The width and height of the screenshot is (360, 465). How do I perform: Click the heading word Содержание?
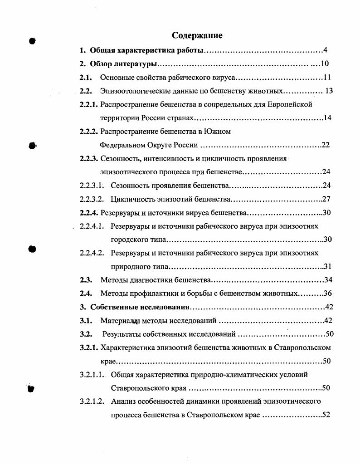pos(197,35)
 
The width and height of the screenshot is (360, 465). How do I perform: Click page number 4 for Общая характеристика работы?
pos(326,50)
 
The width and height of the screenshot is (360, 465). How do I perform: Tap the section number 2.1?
pos(86,77)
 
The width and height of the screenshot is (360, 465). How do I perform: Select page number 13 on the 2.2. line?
pos(329,91)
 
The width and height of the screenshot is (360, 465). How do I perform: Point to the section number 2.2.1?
pos(89,104)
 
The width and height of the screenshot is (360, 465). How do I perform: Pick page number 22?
pos(326,145)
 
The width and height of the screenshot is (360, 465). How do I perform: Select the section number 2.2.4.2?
pos(92,253)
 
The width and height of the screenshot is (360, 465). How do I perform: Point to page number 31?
pos(328,266)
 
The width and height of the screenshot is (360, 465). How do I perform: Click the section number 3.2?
pos(86,334)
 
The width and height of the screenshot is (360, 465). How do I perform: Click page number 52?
pos(326,415)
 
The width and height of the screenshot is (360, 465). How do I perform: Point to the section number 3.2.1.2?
pos(92,401)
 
